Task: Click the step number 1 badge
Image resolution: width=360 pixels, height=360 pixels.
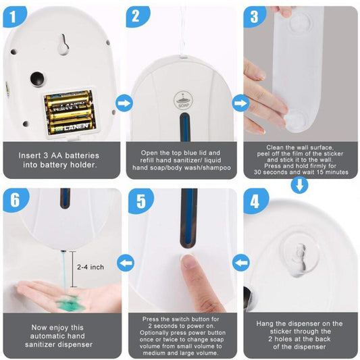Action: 14,16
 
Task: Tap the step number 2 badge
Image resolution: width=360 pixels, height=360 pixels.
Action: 137,16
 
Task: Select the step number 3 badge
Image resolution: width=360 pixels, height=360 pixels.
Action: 255,16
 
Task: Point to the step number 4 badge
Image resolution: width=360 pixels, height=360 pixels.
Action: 255,201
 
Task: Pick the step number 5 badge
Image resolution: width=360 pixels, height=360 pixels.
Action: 140,201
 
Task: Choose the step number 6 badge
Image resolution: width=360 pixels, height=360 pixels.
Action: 16,200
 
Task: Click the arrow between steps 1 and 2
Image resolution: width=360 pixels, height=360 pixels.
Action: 124,103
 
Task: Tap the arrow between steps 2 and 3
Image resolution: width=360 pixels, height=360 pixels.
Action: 241,103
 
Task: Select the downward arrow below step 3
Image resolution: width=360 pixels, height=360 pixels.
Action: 300,185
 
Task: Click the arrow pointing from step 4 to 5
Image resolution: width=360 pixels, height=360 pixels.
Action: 241,263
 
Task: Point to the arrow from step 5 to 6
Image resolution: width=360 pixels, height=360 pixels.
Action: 126,263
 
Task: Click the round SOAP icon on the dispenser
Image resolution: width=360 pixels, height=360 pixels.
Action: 183,101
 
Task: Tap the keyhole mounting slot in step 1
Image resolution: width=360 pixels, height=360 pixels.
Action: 63,45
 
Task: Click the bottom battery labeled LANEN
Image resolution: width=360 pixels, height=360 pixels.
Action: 73,126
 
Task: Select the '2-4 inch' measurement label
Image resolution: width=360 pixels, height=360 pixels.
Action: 91,267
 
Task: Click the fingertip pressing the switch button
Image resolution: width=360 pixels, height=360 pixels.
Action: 188,262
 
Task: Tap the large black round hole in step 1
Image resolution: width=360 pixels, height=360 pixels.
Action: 37,78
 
